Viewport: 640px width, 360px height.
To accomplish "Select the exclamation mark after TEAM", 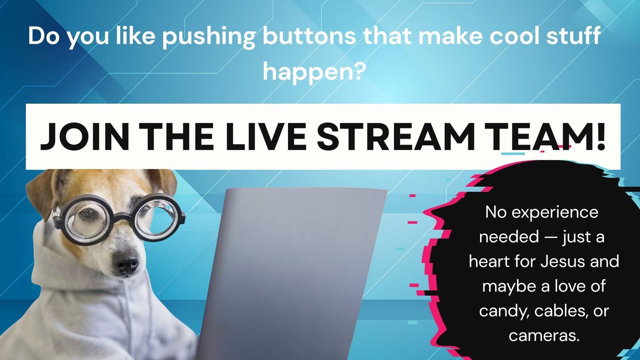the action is (x=600, y=137).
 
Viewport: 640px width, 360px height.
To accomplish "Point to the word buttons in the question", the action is (x=309, y=37).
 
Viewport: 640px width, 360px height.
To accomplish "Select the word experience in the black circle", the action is (x=555, y=213).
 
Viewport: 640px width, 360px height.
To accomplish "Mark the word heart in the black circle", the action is (x=489, y=262).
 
